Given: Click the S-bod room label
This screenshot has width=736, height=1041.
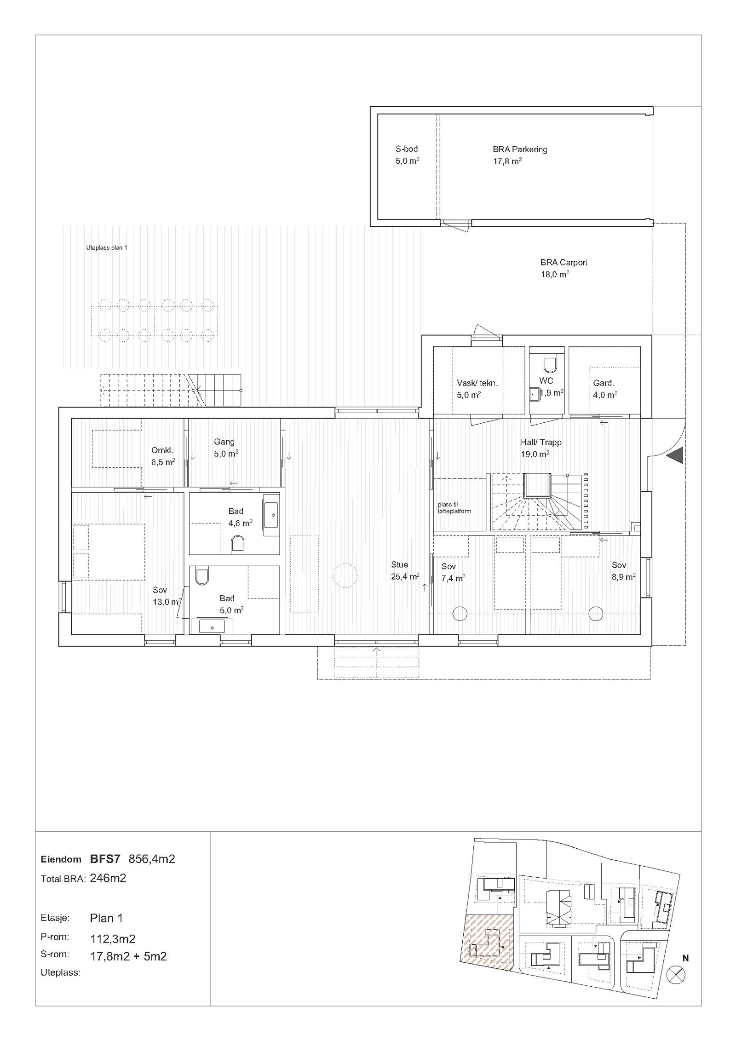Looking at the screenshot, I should pos(407,155).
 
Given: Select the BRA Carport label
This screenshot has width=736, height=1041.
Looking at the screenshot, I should pos(563,268).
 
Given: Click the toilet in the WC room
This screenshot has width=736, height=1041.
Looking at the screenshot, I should pos(549,364).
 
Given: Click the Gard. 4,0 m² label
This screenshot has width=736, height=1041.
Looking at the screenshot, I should pos(604,388).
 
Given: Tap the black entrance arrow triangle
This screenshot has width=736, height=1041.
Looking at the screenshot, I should pos(676,456).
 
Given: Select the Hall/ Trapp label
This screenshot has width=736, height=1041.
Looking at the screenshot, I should pos(541,448).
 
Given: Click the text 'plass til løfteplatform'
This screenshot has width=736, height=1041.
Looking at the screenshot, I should pos(454,508).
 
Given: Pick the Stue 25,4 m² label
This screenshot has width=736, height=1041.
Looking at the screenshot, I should pos(404,570).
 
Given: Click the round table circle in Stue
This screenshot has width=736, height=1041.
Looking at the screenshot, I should pos(345,575).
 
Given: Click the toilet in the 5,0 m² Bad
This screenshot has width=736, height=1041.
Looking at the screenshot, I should pos(201,577).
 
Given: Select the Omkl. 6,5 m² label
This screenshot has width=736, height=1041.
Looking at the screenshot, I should pos(163,456).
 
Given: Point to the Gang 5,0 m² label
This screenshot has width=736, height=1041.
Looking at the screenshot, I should pos(225,447).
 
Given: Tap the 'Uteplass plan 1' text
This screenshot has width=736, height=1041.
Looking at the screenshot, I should pos(107,248).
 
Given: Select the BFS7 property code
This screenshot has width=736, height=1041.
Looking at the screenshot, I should pos(105,859).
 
